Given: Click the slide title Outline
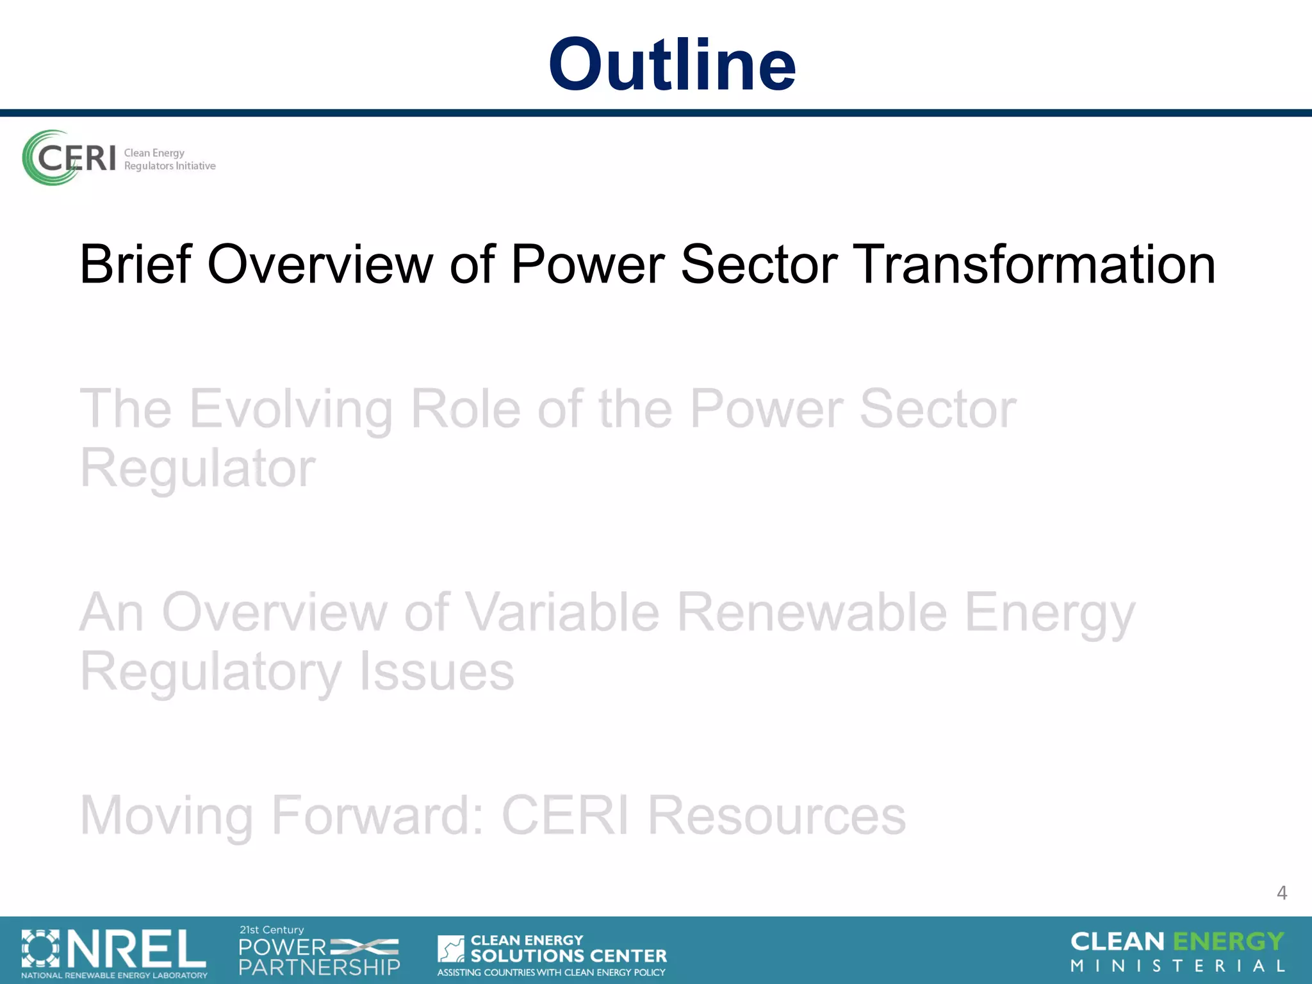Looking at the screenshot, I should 671,64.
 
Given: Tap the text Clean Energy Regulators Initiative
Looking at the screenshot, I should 169,160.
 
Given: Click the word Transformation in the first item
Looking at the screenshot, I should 1036,264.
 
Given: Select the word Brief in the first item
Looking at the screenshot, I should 135,264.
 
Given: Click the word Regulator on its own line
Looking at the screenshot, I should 197,468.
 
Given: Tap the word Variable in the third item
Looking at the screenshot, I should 561,612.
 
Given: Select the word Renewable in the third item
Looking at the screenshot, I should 812,612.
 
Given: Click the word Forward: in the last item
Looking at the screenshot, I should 378,815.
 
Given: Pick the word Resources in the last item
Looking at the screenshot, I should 776,815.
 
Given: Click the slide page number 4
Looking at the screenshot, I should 1281,892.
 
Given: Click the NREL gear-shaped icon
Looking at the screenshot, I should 40,949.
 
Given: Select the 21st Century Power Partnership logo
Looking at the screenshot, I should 318,951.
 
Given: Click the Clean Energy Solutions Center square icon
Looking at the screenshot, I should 451,949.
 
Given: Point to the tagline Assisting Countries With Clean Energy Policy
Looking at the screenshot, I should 551,972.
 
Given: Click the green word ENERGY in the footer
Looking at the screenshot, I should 1228,941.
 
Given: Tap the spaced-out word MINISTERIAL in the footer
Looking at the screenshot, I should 1177,966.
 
